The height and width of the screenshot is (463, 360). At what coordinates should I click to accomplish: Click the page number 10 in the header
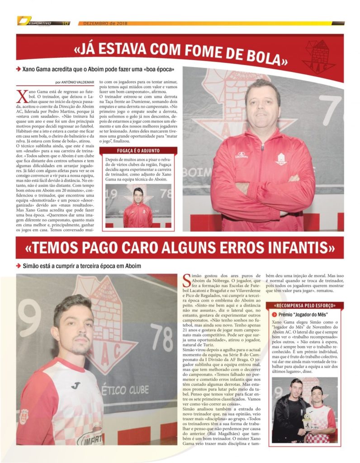[66, 23]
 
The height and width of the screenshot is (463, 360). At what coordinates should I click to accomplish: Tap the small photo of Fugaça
[138, 206]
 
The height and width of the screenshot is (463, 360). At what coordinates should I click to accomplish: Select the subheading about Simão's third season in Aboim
[81, 266]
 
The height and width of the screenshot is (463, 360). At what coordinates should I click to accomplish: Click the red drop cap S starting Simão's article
[187, 281]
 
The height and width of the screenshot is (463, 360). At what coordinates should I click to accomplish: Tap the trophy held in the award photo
[307, 416]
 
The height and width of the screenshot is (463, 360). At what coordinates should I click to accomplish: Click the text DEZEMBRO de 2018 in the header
[103, 23]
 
